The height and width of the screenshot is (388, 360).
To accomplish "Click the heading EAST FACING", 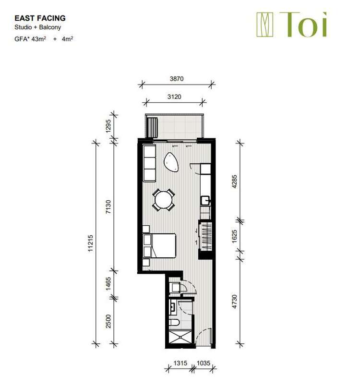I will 40,18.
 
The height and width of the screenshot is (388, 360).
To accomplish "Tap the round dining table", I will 164,200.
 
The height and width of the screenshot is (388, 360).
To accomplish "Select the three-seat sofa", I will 149,163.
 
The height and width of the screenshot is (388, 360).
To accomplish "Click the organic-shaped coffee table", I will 172,162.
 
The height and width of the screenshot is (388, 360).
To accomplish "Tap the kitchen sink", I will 205,199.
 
